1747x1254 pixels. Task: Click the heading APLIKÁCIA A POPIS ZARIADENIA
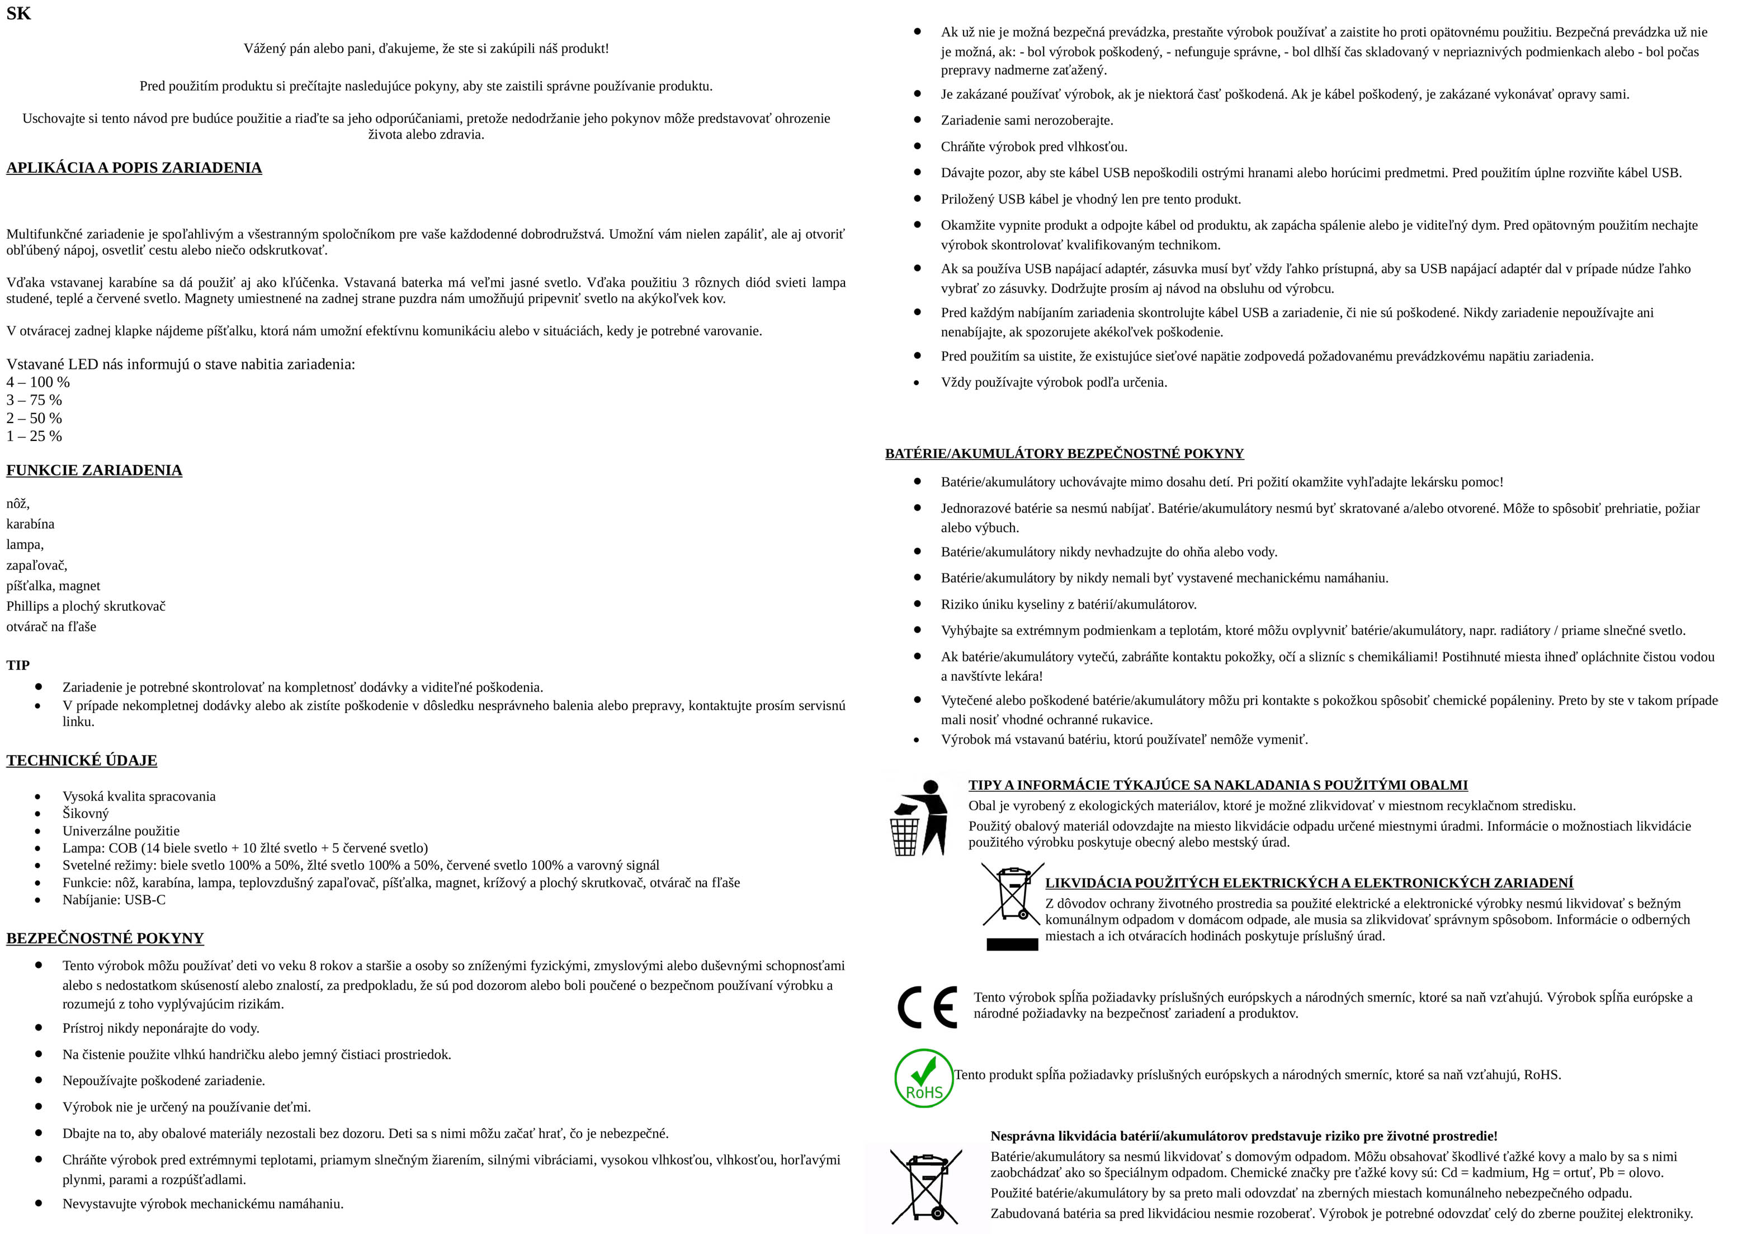[134, 168]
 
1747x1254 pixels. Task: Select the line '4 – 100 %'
[39, 382]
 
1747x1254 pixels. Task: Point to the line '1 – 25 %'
[35, 436]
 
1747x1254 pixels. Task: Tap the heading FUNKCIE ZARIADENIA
[94, 471]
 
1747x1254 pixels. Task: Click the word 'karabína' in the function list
[31, 524]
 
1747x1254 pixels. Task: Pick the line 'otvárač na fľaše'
[51, 626]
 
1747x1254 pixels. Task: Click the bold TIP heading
[18, 665]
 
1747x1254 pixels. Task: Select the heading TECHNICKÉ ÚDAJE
[82, 761]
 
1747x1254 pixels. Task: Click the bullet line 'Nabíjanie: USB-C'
[114, 900]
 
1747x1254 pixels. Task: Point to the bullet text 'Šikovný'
[86, 814]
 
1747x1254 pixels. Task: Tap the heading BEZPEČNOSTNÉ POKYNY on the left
[105, 938]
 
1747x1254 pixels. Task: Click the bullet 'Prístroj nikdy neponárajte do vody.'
[161, 1028]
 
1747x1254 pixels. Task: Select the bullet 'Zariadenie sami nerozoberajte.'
[1027, 120]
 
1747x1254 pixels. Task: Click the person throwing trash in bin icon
[919, 818]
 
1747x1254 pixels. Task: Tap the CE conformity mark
[927, 1007]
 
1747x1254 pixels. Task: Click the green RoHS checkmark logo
[924, 1078]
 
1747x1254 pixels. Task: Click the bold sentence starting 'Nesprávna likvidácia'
[1243, 1136]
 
